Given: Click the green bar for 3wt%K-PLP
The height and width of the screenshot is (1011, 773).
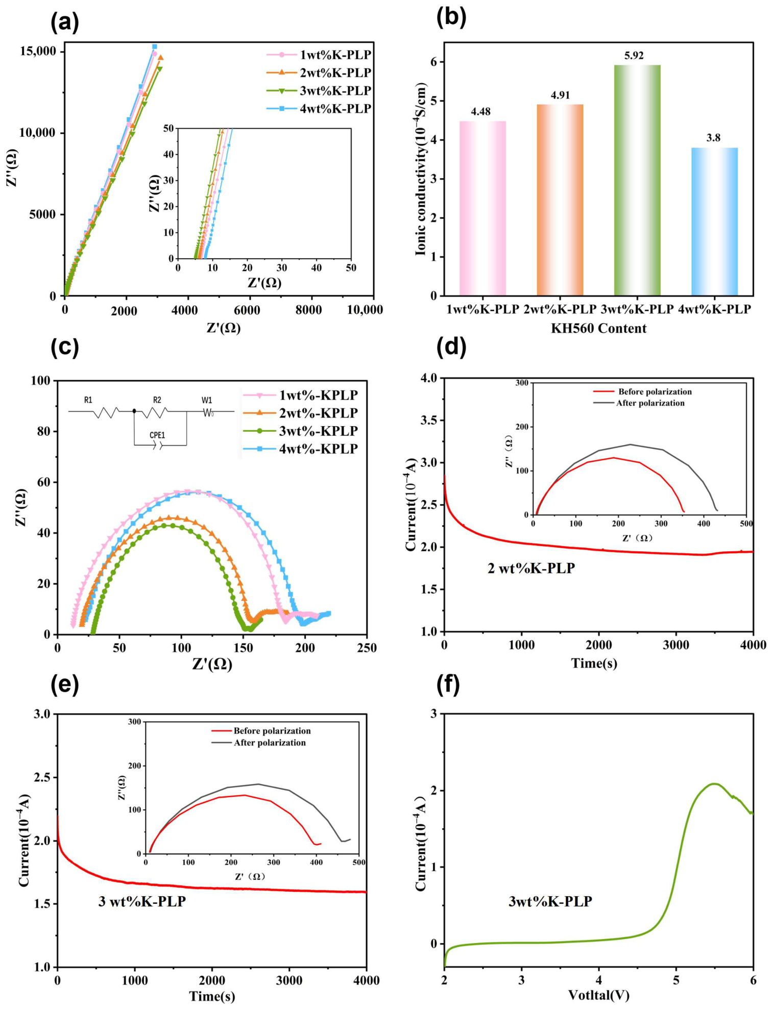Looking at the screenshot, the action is (637, 180).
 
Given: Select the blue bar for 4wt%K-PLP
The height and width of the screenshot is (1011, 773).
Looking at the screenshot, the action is (714, 221).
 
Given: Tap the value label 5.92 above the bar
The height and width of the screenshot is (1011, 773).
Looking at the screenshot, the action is (634, 55).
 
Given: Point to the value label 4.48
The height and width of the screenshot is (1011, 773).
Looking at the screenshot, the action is (480, 111).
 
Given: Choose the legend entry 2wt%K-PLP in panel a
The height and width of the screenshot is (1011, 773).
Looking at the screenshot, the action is (335, 72).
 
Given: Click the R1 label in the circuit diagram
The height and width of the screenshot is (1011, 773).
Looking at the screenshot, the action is (88, 400).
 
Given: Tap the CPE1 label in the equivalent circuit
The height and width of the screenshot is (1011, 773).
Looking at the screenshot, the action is (157, 435).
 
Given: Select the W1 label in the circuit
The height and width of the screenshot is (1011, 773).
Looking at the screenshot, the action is (207, 400).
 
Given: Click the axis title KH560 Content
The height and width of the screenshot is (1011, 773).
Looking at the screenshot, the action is (598, 328).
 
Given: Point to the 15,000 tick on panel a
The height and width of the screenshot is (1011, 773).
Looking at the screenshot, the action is (35, 52).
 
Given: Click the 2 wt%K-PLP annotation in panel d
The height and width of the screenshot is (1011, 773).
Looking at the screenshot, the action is (531, 568).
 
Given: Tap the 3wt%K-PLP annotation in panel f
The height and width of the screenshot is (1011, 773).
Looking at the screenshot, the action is (550, 901).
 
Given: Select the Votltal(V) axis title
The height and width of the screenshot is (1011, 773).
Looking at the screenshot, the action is (598, 995).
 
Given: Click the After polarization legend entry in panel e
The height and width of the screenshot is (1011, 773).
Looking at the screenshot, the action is (270, 743).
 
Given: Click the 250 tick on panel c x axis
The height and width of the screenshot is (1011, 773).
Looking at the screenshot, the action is (367, 648).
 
